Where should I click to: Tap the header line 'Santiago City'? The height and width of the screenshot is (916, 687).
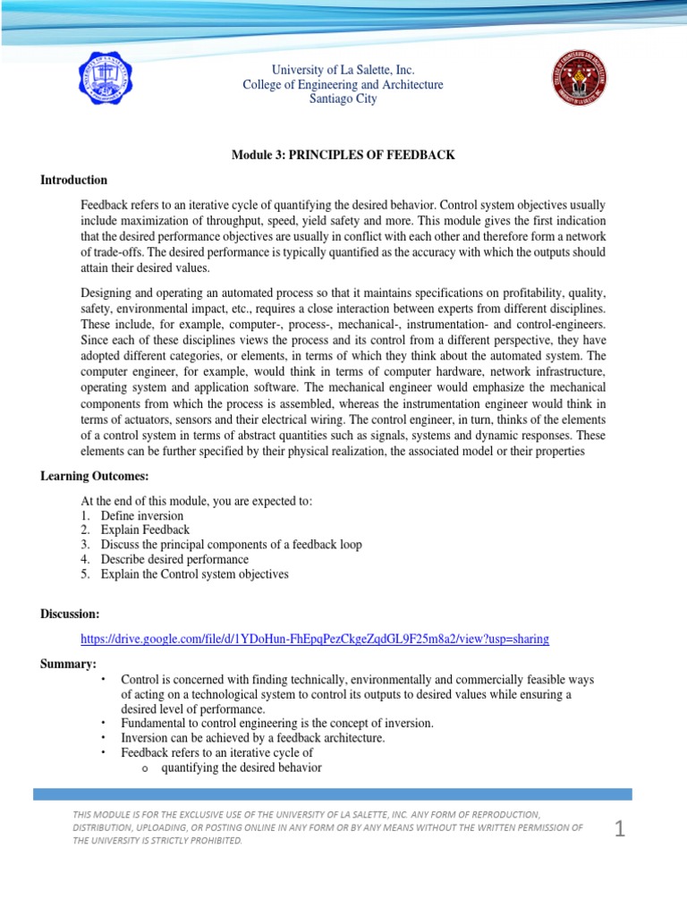pyautogui.click(x=343, y=99)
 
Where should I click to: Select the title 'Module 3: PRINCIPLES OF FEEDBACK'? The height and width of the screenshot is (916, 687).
pyautogui.click(x=343, y=156)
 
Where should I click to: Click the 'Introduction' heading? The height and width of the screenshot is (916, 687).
pyautogui.click(x=73, y=180)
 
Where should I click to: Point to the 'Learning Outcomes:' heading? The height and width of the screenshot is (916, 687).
pyautogui.click(x=94, y=476)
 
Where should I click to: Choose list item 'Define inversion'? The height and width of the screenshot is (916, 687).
pyautogui.click(x=141, y=516)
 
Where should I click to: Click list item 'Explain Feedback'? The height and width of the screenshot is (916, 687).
pyautogui.click(x=145, y=530)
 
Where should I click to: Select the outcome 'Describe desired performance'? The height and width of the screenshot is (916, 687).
pyautogui.click(x=174, y=559)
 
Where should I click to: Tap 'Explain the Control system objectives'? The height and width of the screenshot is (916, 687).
pyautogui.click(x=194, y=574)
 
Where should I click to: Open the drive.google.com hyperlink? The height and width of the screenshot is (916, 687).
pyautogui.click(x=315, y=639)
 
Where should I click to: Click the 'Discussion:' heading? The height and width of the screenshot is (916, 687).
pyautogui.click(x=70, y=614)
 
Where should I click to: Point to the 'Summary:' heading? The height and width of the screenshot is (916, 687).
pyautogui.click(x=68, y=663)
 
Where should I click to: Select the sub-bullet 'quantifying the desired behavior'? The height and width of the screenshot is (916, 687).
pyautogui.click(x=242, y=768)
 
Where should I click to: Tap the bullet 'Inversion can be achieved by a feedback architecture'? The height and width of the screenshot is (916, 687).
pyautogui.click(x=252, y=738)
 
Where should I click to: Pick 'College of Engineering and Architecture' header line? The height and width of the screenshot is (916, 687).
pyautogui.click(x=343, y=85)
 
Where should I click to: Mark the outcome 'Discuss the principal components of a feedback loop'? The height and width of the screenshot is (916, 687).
pyautogui.click(x=231, y=545)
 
